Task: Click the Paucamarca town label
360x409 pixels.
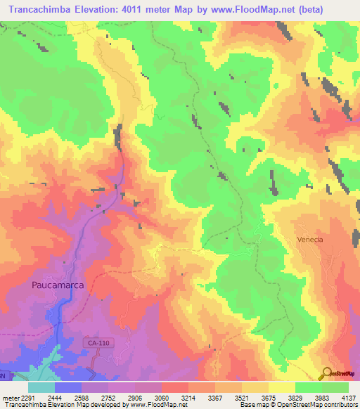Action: click(x=58, y=285)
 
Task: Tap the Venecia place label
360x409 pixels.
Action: click(x=309, y=240)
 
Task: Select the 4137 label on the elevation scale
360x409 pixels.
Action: click(x=347, y=396)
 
